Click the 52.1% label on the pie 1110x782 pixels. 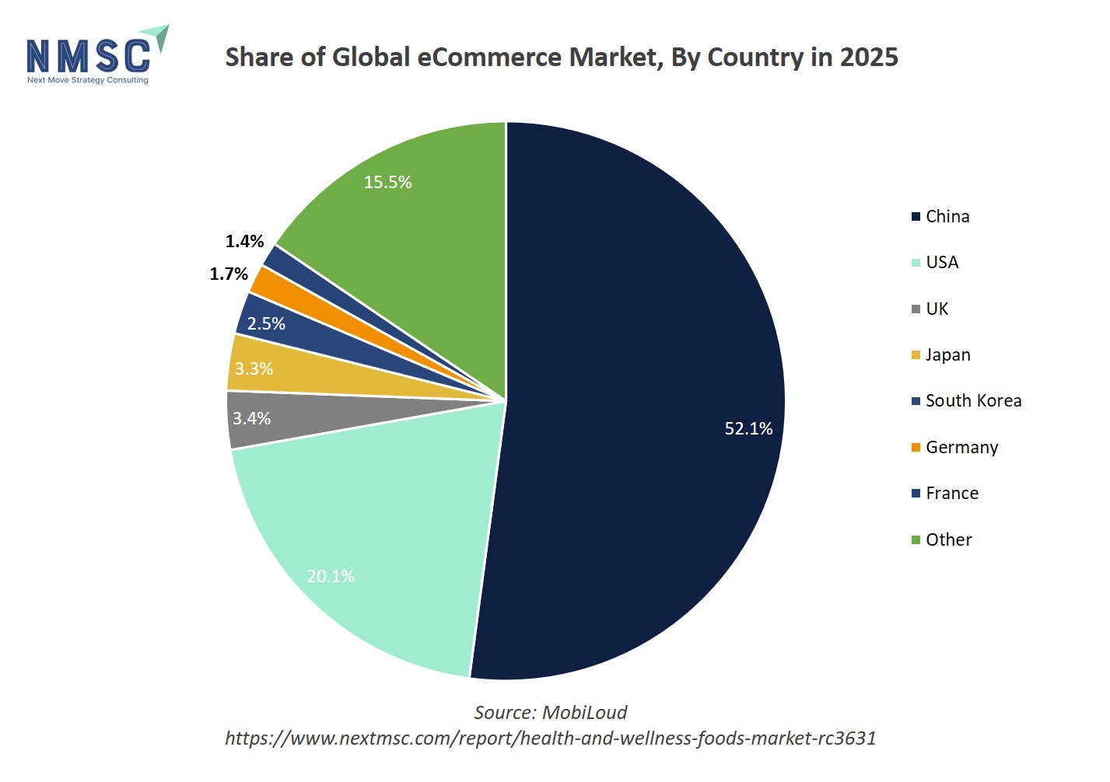(748, 428)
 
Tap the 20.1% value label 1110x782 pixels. (331, 576)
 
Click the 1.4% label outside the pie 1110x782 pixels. (244, 241)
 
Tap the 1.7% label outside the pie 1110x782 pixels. (229, 274)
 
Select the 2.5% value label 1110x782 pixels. (266, 323)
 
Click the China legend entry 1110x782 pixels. (947, 216)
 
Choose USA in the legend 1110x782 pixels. (941, 262)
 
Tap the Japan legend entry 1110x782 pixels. (947, 354)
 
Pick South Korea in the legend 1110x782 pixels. (973, 400)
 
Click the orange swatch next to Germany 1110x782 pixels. (916, 447)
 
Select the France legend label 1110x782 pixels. (952, 493)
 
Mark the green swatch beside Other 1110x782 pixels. (916, 539)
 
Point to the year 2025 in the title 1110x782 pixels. (869, 57)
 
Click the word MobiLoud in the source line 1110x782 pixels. (584, 712)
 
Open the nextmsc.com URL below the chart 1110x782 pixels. (550, 738)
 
